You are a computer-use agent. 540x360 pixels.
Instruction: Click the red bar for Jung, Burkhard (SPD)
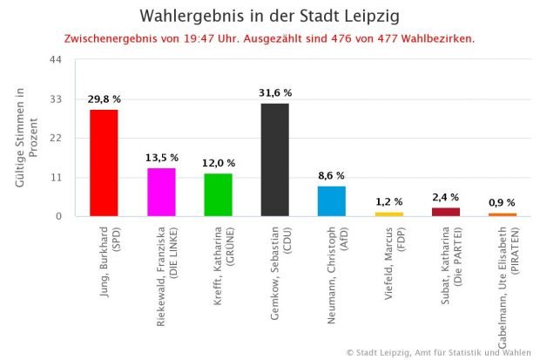click(104, 163)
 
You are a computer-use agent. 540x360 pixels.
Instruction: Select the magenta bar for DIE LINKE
click(161, 192)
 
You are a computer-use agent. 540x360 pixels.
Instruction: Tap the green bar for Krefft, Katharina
click(218, 194)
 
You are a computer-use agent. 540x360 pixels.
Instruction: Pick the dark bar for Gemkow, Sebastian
click(275, 160)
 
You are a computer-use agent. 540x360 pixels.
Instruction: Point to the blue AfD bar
click(332, 200)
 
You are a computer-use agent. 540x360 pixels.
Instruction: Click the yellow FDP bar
click(389, 214)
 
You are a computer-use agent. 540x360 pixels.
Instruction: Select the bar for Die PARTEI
click(446, 212)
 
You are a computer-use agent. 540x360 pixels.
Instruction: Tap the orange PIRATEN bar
click(503, 214)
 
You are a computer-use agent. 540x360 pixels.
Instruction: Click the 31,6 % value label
click(275, 92)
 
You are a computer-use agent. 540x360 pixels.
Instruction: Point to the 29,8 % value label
click(104, 99)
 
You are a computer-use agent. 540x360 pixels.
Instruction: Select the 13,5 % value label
click(161, 158)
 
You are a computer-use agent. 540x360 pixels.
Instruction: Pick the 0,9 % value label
click(503, 202)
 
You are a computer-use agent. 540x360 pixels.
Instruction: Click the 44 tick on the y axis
click(56, 59)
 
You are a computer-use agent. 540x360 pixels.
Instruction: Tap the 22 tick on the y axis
click(56, 138)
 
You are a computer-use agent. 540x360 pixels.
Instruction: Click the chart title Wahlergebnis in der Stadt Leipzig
click(271, 17)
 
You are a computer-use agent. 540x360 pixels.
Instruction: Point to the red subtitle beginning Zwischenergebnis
click(270, 39)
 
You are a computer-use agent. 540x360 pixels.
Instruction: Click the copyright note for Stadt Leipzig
click(438, 352)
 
